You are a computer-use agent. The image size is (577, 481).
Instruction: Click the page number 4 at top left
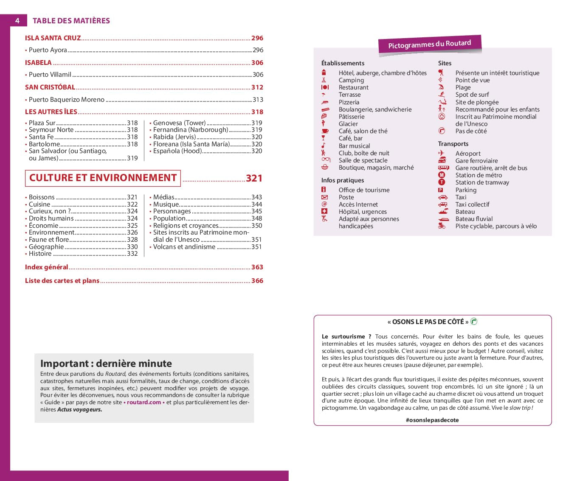[x=17, y=20]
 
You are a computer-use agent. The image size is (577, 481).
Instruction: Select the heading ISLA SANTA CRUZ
[x=53, y=38]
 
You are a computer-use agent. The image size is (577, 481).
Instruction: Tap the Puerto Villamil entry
[x=50, y=75]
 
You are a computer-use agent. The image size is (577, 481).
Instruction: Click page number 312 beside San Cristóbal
[x=257, y=87]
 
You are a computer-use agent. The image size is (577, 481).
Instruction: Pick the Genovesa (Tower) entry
[x=179, y=123]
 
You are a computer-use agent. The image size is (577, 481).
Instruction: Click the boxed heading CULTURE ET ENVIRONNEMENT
[x=103, y=178]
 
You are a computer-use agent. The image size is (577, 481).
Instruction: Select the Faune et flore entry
[x=49, y=240]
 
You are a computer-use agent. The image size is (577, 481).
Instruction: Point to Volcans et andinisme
[x=184, y=247]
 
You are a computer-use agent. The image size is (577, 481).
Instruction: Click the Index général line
[x=47, y=267]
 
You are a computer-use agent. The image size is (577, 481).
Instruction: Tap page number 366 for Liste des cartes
[x=257, y=281]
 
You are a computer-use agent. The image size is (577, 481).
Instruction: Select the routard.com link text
[x=144, y=403]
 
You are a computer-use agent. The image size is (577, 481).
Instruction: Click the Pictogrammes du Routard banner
[x=429, y=44]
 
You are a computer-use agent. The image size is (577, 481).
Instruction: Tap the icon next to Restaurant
[x=325, y=87]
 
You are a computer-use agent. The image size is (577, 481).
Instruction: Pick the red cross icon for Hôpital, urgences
[x=324, y=211]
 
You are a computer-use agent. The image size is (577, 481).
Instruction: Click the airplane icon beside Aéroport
[x=442, y=153]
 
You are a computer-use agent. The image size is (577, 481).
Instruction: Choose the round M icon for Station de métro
[x=442, y=175]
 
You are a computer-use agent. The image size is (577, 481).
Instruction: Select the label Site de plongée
[x=477, y=102]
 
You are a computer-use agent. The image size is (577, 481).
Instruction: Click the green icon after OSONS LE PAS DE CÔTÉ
[x=474, y=322]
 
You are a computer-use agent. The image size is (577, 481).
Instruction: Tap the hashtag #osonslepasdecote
[x=432, y=420]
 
